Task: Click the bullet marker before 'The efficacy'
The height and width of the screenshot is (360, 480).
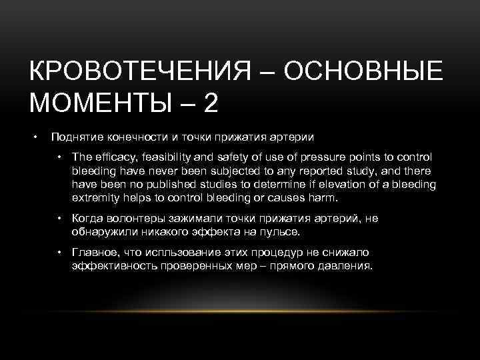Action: pos(59,157)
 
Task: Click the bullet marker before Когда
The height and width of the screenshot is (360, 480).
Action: pos(59,218)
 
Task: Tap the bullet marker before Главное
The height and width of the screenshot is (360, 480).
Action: pos(59,252)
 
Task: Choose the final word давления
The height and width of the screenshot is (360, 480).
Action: pos(344,266)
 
